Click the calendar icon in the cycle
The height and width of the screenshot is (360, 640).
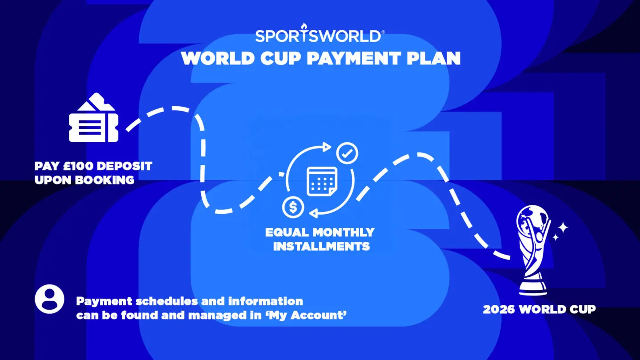click(322, 182)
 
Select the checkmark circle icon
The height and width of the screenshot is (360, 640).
click(347, 153)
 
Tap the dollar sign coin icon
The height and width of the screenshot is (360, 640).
click(293, 207)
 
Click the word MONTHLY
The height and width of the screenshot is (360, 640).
click(344, 232)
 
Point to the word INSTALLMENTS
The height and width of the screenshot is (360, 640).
click(321, 246)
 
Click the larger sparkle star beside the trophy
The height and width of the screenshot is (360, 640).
click(563, 228)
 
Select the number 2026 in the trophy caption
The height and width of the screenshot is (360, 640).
click(499, 309)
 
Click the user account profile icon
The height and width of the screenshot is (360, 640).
click(49, 299)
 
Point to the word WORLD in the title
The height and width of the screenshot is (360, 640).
click(218, 58)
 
